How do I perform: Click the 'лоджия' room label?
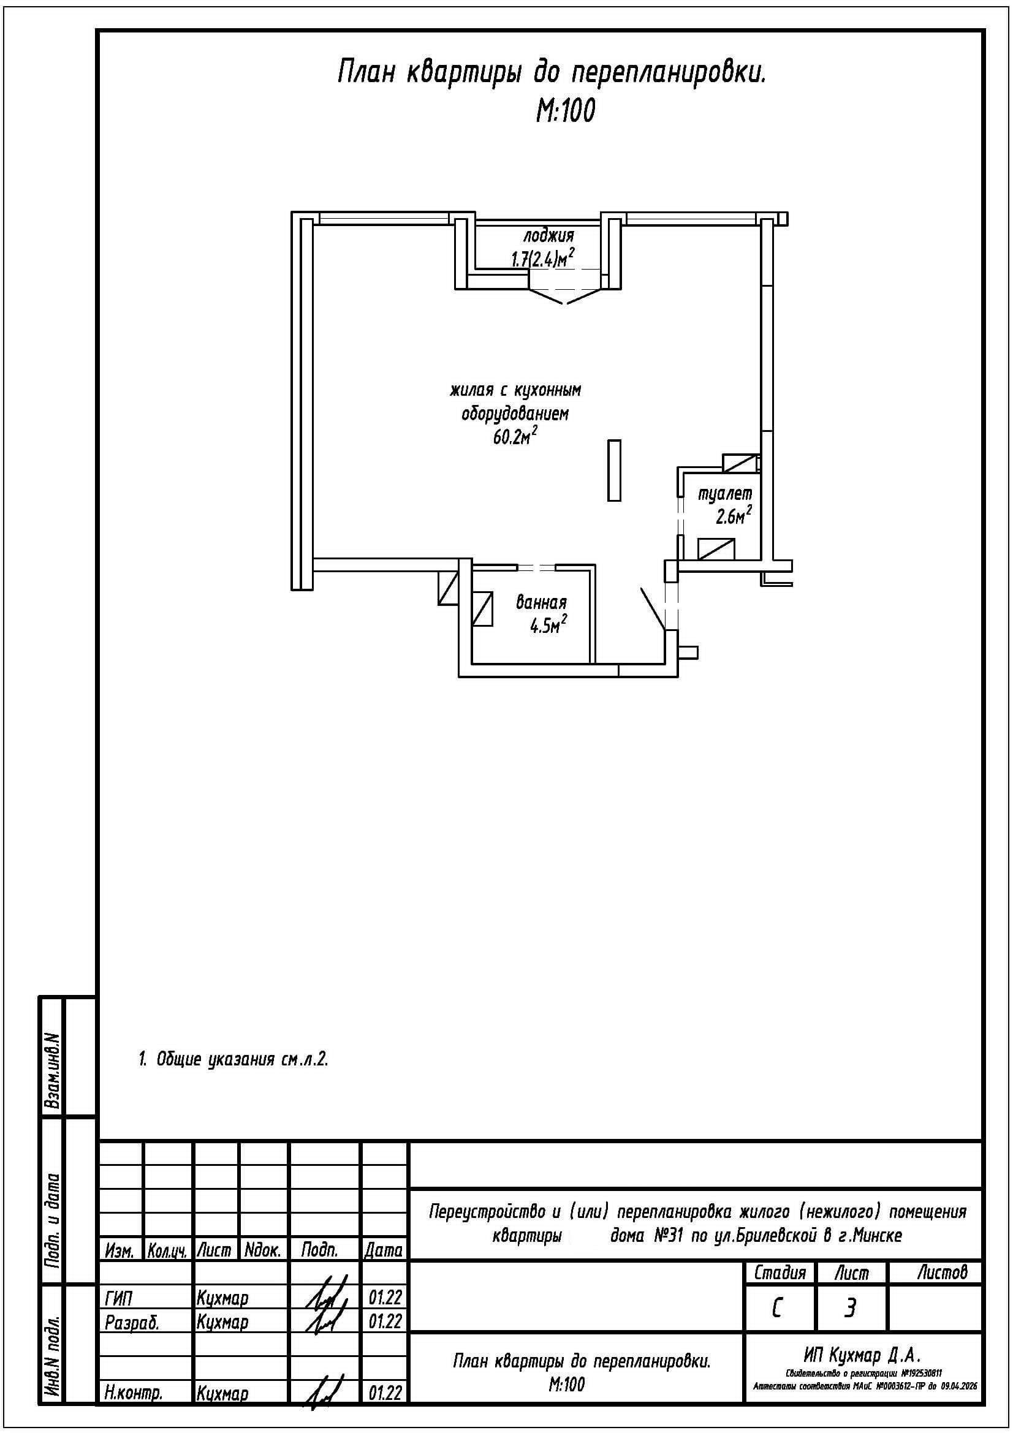548,236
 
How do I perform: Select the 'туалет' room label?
724,494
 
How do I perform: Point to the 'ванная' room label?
541,603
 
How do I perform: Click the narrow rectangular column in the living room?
614,470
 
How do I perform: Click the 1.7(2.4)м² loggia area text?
542,259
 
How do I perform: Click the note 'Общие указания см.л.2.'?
233,1059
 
